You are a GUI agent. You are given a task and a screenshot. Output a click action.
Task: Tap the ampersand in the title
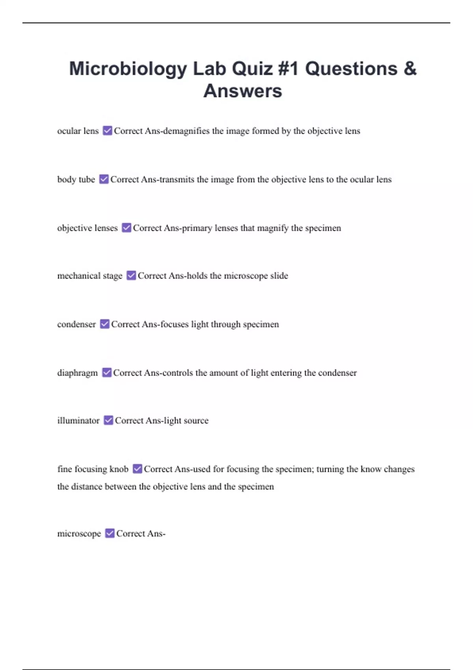(410, 69)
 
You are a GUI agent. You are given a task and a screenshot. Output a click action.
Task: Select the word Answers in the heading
(242, 91)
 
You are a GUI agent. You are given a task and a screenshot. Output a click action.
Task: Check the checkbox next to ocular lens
(107, 130)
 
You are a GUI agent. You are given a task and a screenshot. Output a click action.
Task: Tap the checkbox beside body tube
(104, 179)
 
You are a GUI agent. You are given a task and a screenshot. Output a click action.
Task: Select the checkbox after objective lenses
(126, 228)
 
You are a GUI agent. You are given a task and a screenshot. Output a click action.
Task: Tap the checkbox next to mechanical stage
(131, 275)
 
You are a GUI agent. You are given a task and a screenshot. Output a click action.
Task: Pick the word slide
(279, 275)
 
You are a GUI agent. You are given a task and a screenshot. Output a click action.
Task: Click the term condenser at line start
(76, 324)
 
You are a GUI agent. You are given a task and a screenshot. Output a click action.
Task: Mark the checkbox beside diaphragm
(107, 372)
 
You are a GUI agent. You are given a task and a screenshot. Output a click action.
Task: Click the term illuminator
(78, 421)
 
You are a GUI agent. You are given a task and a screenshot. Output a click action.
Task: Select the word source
(196, 421)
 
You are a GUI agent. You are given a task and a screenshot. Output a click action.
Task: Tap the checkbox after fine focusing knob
(137, 469)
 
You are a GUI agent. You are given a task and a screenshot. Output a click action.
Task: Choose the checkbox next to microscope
(110, 533)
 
